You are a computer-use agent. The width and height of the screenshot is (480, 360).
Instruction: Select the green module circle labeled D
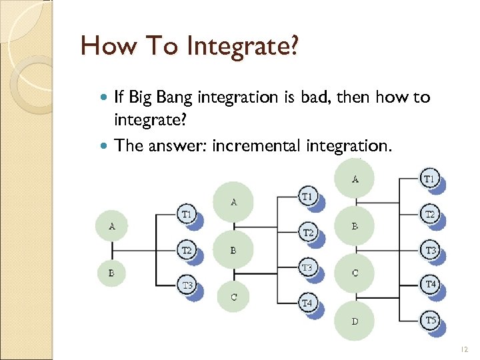tap(355, 321)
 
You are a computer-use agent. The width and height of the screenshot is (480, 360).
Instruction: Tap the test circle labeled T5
tap(431, 321)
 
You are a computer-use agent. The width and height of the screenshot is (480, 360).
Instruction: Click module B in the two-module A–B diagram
tap(111, 273)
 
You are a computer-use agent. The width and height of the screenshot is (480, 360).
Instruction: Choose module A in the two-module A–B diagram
tap(111, 226)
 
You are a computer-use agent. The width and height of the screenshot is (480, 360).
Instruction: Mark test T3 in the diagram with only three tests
tap(187, 285)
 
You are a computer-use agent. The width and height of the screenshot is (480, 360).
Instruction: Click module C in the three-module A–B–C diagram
tap(233, 297)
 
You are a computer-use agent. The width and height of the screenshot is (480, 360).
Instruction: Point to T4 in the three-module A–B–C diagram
tap(307, 303)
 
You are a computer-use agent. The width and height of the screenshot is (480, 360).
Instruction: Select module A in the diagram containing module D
tap(355, 179)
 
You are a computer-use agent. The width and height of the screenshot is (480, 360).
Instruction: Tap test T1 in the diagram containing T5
tap(430, 179)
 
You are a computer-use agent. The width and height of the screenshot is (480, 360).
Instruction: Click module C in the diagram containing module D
tap(355, 273)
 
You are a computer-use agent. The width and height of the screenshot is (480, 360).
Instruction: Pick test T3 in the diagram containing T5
tap(431, 250)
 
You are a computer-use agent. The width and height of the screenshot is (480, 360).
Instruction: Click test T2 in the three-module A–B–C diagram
tap(307, 233)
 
